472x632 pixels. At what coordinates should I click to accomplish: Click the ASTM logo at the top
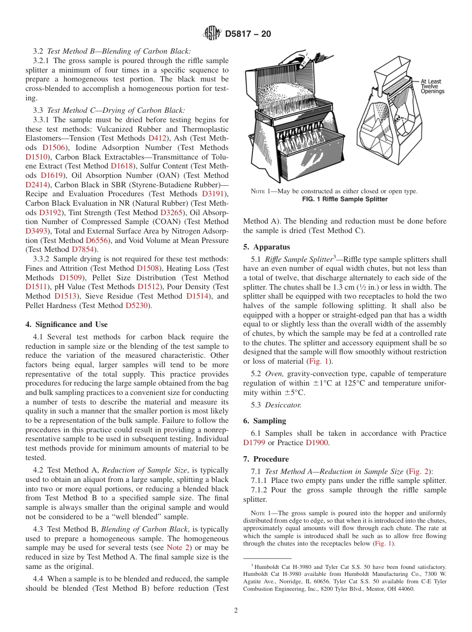coord(213,34)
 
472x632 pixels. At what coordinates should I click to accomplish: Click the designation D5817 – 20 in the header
coord(248,34)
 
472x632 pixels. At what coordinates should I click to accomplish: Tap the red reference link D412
coord(157,138)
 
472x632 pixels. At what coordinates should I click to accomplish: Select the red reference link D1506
coord(52,148)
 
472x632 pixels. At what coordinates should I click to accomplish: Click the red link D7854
coord(82,249)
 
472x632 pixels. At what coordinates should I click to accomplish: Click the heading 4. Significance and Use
coord(66,324)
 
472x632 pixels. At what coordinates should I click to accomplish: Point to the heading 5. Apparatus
coord(267,247)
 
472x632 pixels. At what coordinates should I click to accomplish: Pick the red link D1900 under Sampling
coord(316,443)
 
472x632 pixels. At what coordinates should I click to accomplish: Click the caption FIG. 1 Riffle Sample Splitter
coord(345,199)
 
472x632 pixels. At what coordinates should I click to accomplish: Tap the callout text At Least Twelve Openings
coord(432,86)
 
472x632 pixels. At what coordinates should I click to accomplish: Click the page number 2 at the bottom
coord(236,611)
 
